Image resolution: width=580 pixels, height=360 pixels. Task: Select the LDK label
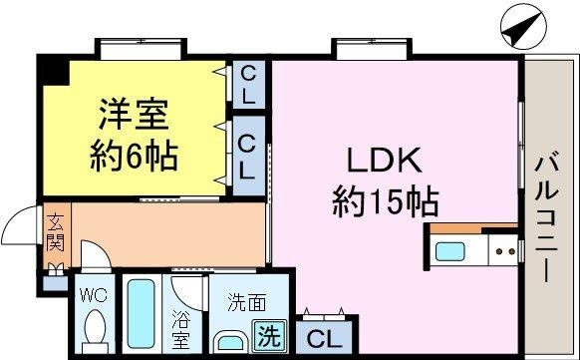(384, 163)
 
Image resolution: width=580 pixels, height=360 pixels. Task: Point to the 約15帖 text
(384, 203)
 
